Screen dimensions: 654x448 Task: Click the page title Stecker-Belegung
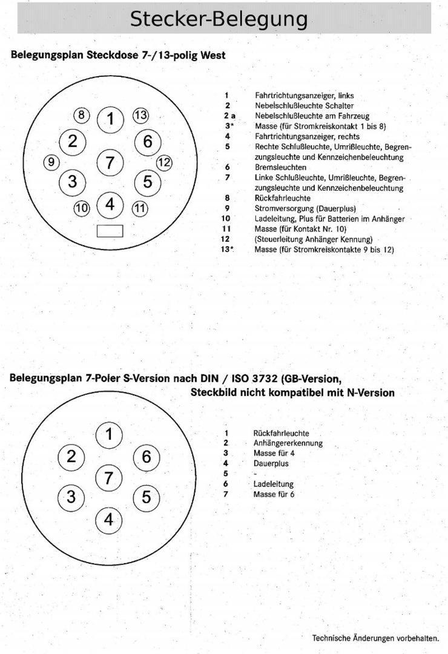point(219,19)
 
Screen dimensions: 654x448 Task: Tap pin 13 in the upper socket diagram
point(140,115)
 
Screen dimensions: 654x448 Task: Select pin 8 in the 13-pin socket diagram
point(81,115)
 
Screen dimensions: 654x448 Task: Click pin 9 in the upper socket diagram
point(51,162)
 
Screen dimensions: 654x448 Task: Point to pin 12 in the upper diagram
point(164,162)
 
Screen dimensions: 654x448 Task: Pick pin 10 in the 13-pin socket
point(81,208)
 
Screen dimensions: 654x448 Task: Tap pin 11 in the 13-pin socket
point(140,208)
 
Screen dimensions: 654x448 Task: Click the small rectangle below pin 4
point(110,231)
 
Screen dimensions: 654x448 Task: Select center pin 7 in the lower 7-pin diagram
point(108,478)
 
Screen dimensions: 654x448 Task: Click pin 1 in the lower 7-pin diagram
point(109,434)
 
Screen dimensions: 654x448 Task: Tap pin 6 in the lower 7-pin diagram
point(146,457)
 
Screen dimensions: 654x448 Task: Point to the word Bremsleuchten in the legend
point(281,167)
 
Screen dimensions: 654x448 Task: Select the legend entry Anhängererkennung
point(288,443)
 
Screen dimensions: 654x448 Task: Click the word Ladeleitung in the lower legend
point(273,484)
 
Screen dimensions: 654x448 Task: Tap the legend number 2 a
point(229,116)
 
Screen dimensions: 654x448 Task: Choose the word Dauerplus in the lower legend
point(271,464)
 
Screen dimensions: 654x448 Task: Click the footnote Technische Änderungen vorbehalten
point(375,638)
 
